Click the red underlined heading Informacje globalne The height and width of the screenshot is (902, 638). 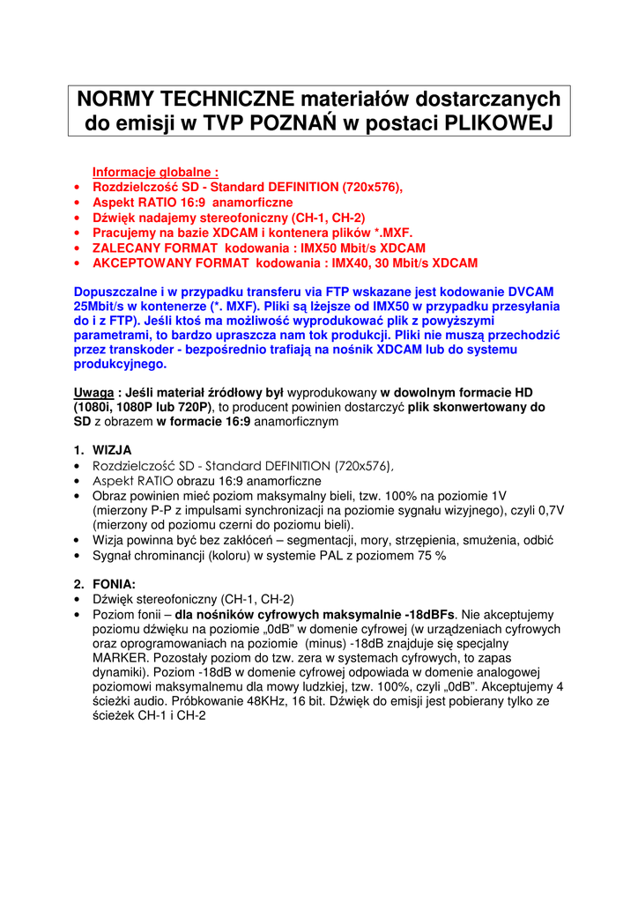coord(155,172)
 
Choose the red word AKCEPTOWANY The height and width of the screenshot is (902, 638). coord(141,262)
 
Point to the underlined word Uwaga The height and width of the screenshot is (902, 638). coord(93,391)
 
